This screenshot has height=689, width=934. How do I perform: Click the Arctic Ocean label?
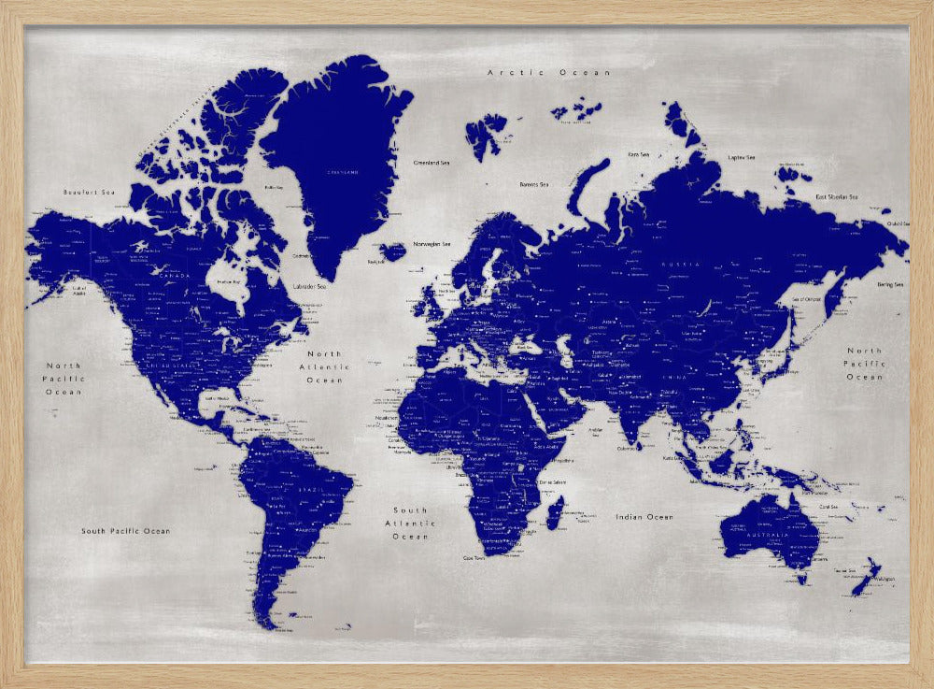549,73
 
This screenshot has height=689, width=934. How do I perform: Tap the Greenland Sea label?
432,163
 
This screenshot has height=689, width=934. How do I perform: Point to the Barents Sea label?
533,185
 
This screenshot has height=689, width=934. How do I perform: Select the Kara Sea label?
639,154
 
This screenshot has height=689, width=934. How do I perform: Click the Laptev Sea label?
741,157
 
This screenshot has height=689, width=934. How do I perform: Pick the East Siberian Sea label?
836,197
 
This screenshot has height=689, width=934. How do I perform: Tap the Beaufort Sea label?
88,193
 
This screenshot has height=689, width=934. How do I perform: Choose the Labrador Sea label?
310,286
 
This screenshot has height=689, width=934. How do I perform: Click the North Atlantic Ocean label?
325,367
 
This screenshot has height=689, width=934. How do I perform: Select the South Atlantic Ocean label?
410,524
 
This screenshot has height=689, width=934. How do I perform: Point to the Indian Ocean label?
644,517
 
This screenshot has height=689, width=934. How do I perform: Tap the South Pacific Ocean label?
125,531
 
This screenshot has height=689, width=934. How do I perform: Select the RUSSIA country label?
682,265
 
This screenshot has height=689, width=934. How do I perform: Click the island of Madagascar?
555,511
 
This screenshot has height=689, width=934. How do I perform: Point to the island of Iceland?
393,251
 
